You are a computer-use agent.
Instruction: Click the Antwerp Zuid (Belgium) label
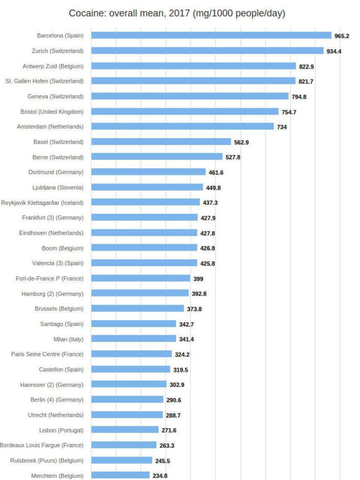coord(53,66)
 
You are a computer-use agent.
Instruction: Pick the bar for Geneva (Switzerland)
coord(190,96)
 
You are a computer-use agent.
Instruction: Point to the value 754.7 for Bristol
coord(289,112)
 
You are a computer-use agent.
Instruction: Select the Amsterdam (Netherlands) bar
coord(182,127)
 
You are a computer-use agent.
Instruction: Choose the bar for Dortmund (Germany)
coord(148,172)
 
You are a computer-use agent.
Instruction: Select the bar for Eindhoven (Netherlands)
coord(144,233)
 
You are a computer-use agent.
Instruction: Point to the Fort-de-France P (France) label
coord(49,278)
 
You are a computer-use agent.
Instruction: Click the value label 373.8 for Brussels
coord(195,309)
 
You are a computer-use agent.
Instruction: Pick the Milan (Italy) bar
coord(133,339)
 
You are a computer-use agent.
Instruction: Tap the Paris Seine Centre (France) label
coord(47,354)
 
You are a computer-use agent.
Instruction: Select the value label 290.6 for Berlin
coord(174,400)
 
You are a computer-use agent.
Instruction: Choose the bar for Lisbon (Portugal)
coord(125,430)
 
